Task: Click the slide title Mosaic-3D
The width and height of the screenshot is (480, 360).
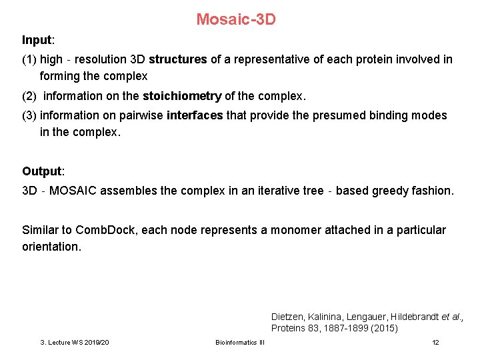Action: click(235, 19)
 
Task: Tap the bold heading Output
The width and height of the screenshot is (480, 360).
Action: click(41, 171)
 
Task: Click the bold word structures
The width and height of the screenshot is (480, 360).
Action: click(178, 59)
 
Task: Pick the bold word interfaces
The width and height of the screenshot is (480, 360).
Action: click(195, 115)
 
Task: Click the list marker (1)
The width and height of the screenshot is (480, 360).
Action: click(29, 59)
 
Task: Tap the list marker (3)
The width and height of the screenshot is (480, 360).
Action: click(29, 115)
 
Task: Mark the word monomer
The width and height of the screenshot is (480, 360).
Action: click(291, 230)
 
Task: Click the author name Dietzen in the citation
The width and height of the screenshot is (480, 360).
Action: click(289, 317)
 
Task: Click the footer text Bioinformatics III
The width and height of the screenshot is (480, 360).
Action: click(240, 343)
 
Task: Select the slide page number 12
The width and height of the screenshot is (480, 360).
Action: click(435, 343)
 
